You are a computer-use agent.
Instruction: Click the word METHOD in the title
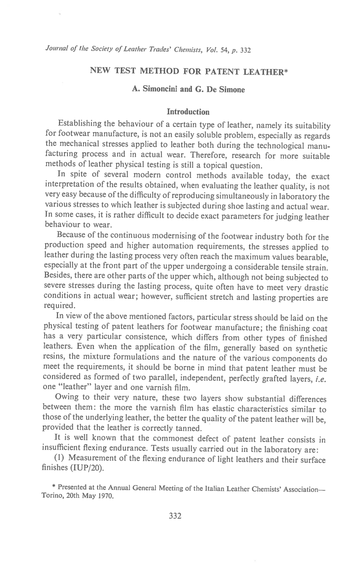coord(157,71)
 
